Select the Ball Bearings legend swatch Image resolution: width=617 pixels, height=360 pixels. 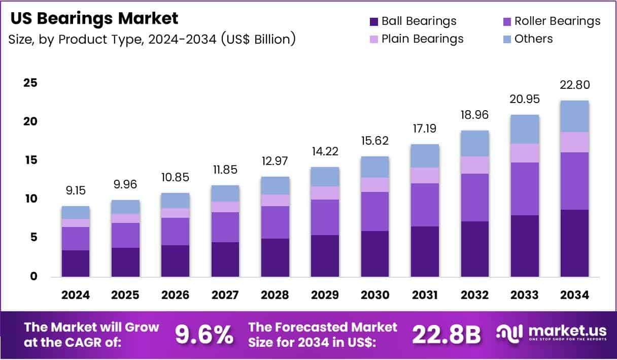pyautogui.click(x=374, y=21)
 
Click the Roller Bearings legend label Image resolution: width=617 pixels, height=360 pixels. pyautogui.click(x=557, y=21)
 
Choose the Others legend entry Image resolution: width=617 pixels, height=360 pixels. pyautogui.click(x=533, y=39)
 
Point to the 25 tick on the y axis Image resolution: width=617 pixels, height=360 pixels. pyautogui.click(x=29, y=83)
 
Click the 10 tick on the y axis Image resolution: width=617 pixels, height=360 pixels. pyautogui.click(x=29, y=199)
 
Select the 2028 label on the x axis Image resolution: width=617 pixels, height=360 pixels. pyautogui.click(x=275, y=295)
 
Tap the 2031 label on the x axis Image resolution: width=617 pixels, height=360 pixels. pyautogui.click(x=425, y=295)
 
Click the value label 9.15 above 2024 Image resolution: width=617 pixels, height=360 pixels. pyautogui.click(x=76, y=191)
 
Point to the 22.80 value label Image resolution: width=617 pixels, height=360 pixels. pyautogui.click(x=574, y=85)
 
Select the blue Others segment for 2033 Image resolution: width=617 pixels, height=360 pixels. pyautogui.click(x=525, y=129)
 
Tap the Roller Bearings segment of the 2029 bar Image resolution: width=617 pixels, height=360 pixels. pyautogui.click(x=325, y=217)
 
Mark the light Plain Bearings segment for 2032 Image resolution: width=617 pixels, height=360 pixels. pyautogui.click(x=475, y=165)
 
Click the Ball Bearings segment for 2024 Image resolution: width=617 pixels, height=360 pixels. pyautogui.click(x=76, y=263)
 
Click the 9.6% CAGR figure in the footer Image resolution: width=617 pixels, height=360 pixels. pyautogui.click(x=204, y=335)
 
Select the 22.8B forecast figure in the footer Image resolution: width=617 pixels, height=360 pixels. pyautogui.click(x=446, y=335)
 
